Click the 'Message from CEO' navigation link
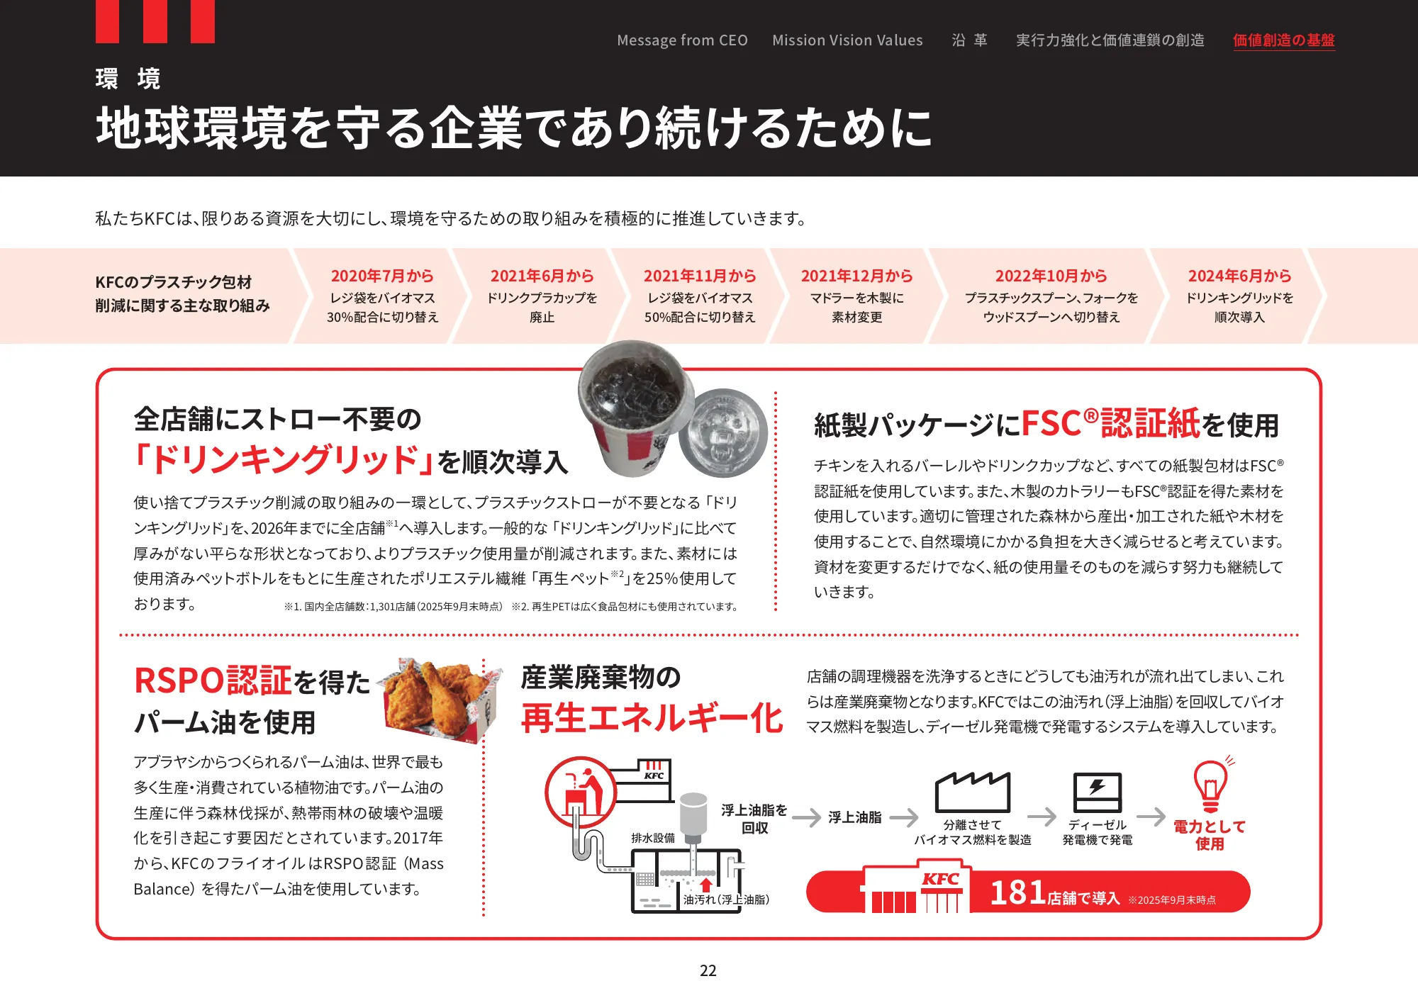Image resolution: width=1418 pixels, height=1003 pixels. click(x=682, y=40)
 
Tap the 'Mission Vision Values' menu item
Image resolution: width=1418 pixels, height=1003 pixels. click(x=847, y=40)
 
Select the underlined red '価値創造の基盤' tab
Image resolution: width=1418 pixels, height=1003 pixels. click(x=1283, y=40)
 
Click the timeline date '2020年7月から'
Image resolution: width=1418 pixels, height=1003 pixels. click(x=382, y=276)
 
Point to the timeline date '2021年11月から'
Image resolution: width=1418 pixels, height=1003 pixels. click(x=700, y=276)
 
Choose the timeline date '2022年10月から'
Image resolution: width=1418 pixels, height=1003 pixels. click(x=1051, y=276)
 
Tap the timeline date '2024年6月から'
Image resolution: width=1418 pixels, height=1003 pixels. click(x=1239, y=276)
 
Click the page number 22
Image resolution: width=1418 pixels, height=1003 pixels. click(x=708, y=970)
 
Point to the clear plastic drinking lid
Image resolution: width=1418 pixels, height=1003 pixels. click(x=723, y=432)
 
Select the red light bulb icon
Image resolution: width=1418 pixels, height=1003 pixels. click(x=1210, y=787)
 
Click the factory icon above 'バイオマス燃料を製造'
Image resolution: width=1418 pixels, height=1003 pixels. click(x=972, y=792)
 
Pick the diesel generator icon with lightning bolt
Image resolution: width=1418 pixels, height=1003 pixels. click(x=1097, y=792)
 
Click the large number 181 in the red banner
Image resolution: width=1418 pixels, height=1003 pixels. click(x=1017, y=892)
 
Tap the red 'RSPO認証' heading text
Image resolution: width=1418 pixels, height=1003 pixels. click(x=213, y=680)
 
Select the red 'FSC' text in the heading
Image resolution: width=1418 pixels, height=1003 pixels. click(x=1051, y=424)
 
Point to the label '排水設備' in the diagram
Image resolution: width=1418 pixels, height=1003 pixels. click(x=653, y=838)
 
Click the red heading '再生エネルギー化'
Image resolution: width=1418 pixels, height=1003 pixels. click(x=652, y=718)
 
